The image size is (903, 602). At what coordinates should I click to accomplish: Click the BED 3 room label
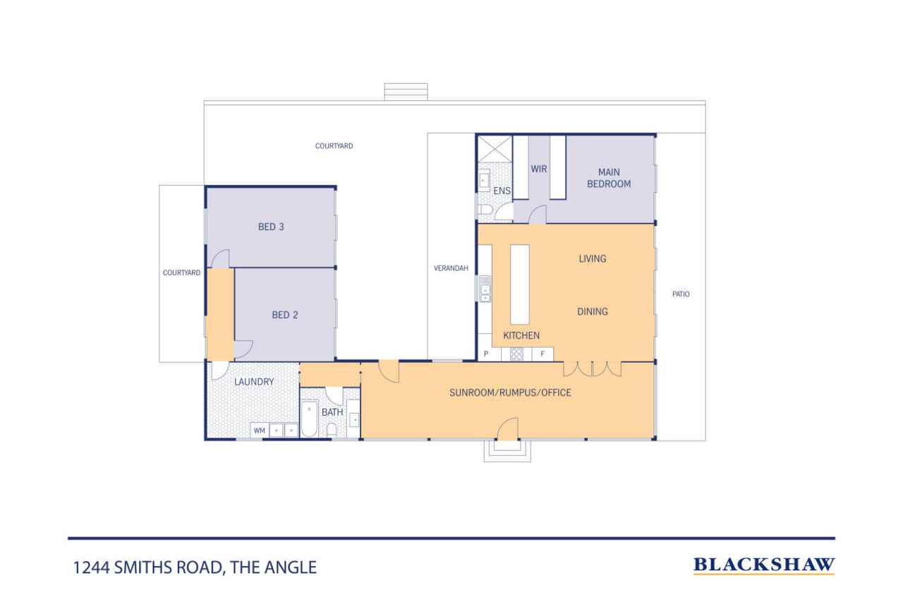pos(271,227)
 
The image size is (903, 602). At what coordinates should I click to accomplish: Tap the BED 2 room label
pos(284,315)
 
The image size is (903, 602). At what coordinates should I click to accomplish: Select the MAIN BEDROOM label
pos(609,178)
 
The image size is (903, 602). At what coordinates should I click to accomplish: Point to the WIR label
pos(538,169)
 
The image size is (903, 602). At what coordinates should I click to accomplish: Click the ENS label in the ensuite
pos(502,191)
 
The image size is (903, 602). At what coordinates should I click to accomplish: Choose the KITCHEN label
pos(521,335)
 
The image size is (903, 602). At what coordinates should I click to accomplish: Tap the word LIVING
pos(592,259)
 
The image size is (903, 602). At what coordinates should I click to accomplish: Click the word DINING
pos(592,312)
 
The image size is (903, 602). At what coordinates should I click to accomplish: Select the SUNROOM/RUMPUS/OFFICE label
pos(510,392)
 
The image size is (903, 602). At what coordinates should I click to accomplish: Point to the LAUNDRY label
pos(254,382)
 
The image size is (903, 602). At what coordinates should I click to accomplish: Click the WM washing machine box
pos(260,431)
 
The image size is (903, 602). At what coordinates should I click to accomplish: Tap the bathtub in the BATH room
pos(309,419)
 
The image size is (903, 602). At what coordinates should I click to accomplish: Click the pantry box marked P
pos(489,354)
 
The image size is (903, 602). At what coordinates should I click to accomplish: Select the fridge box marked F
pos(543,354)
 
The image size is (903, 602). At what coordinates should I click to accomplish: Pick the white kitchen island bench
pos(520,284)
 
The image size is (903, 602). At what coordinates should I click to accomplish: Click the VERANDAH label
pos(451,268)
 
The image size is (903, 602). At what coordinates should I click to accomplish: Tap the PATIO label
pos(681,294)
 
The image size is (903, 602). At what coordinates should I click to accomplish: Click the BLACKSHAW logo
pos(764,565)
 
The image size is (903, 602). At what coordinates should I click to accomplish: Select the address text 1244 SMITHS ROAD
pos(148,567)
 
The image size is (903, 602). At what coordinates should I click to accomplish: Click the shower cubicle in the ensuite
pos(495,148)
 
